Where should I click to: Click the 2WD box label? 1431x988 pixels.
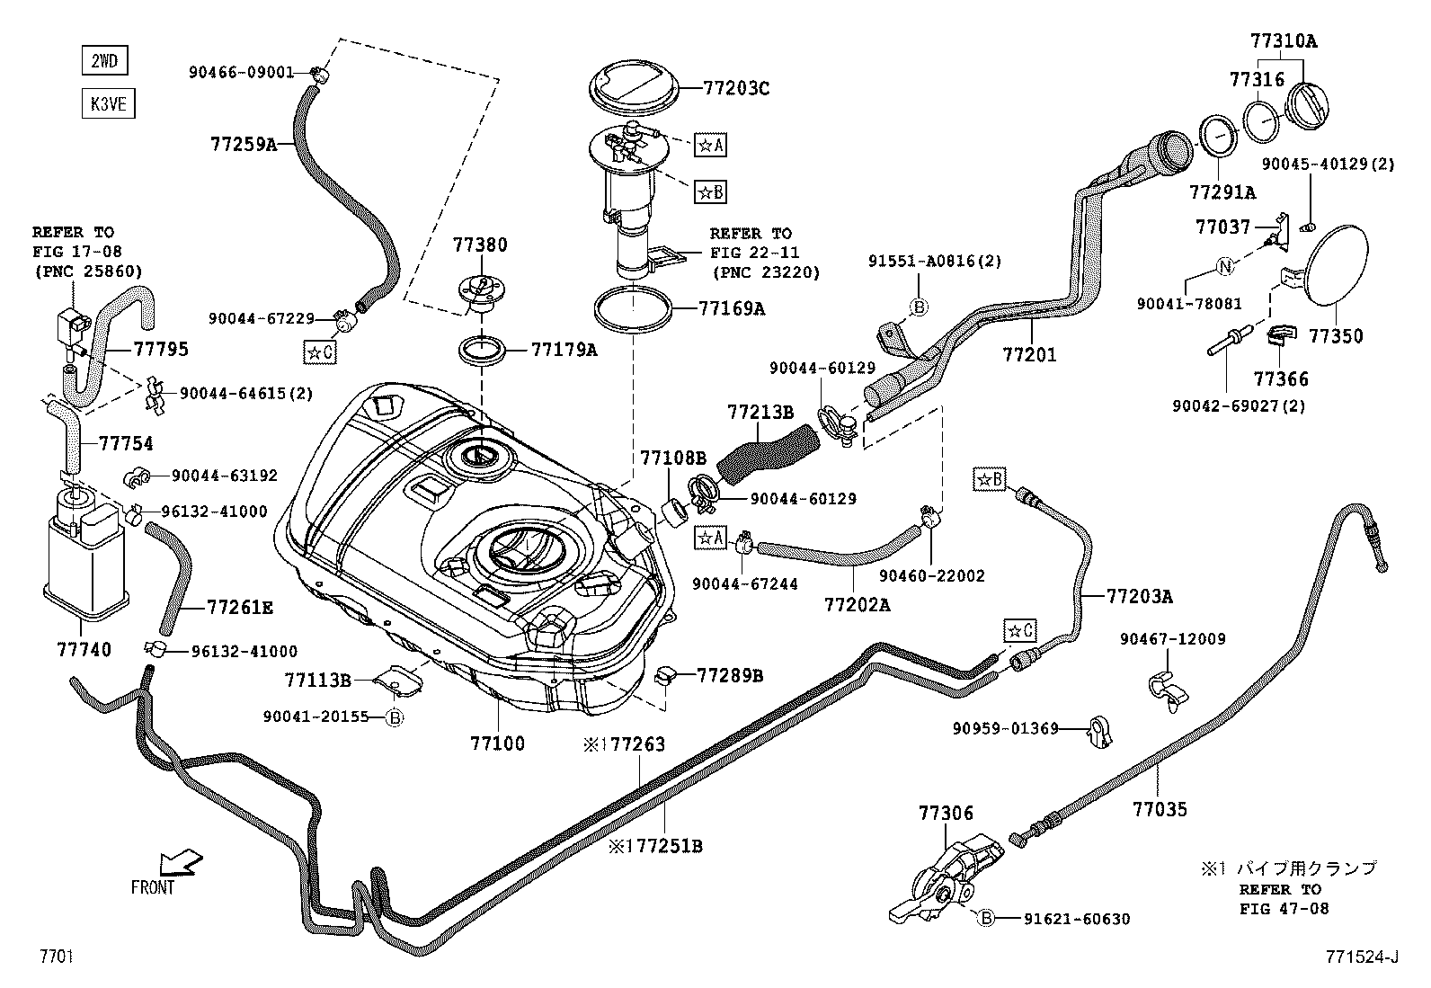[103, 61]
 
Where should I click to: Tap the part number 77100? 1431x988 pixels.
[497, 743]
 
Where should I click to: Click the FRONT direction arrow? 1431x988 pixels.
[180, 864]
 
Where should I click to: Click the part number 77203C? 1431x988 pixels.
[736, 88]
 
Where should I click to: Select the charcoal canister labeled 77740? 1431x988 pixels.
[84, 562]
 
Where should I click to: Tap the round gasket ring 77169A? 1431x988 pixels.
[634, 309]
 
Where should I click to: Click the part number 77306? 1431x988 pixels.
[946, 813]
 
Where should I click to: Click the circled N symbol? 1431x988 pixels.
[1226, 266]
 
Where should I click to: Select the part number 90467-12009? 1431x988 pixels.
[1172, 639]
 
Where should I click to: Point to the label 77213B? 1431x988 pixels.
[760, 413]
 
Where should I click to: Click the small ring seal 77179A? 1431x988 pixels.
[484, 350]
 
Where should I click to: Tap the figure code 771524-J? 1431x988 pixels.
[1360, 957]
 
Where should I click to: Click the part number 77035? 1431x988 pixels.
[1160, 809]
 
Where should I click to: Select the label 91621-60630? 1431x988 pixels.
[1076, 919]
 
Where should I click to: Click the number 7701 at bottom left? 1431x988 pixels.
[56, 957]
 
